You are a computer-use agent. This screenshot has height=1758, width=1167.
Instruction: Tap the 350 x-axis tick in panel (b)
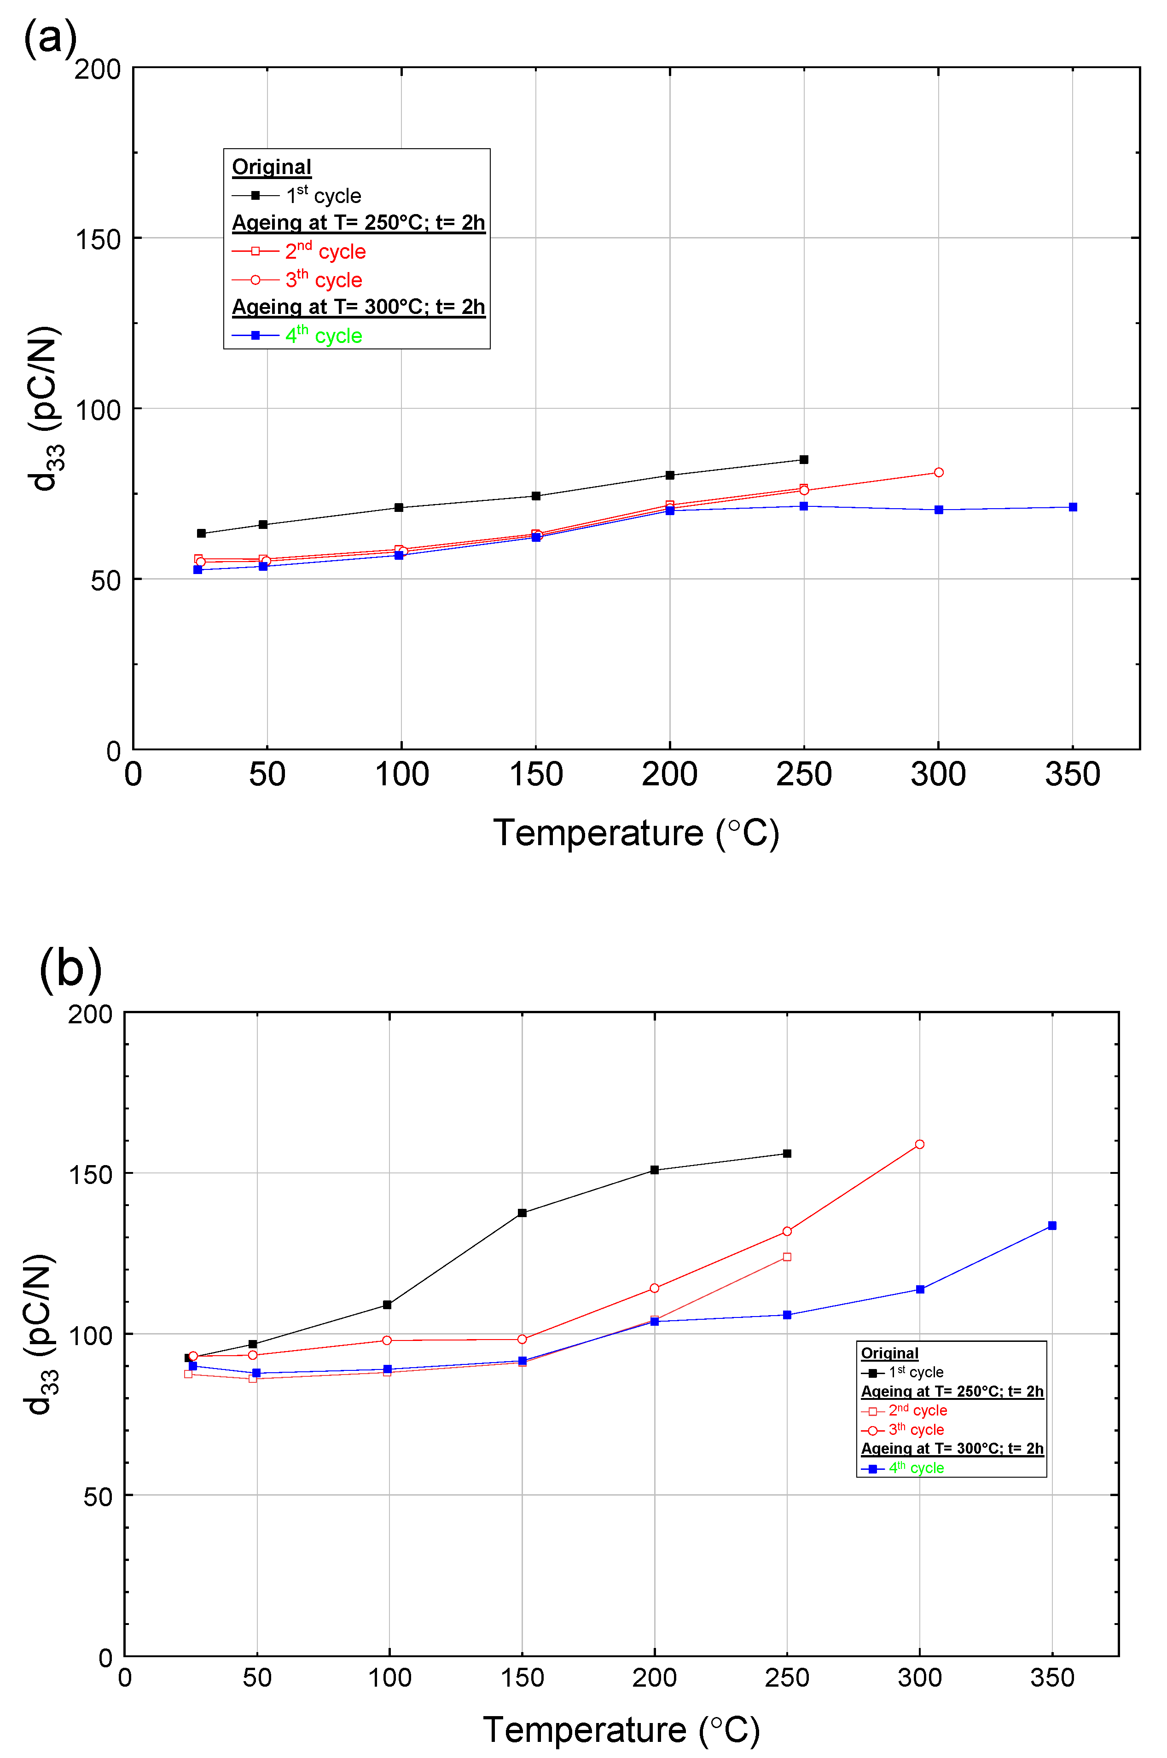tap(1051, 1677)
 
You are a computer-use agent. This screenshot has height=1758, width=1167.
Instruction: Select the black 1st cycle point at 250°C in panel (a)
tap(804, 459)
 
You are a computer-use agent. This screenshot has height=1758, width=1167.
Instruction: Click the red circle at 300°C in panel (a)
tap(939, 473)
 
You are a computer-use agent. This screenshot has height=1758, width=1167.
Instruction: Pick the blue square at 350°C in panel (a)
tap(1073, 507)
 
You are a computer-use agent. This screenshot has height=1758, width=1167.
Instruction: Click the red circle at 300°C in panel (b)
tap(919, 1144)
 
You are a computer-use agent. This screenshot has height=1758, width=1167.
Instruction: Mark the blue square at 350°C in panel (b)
tap(1051, 1225)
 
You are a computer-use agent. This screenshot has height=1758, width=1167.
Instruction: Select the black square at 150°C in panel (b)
tap(522, 1213)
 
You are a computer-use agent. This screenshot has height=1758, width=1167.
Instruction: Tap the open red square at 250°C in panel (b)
tap(787, 1256)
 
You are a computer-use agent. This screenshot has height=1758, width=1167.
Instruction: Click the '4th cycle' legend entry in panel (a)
tap(323, 336)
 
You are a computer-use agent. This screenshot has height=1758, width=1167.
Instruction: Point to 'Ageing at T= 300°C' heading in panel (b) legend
tap(952, 1448)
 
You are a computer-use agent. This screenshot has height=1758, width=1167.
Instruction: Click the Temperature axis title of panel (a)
tap(636, 833)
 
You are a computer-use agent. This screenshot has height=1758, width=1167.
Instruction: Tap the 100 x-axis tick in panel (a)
tap(401, 775)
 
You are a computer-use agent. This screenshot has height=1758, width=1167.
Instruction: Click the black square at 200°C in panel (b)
tap(654, 1170)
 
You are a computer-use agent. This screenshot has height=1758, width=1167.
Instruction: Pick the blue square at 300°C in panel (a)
tap(939, 510)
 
